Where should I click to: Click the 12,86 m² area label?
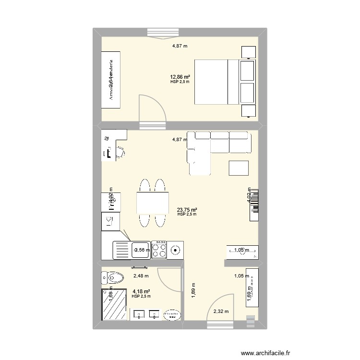(180, 77)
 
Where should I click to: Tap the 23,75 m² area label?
(187, 210)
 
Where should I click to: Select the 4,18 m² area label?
(141, 291)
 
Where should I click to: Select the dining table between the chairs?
(153, 202)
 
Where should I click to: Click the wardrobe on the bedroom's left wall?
(111, 82)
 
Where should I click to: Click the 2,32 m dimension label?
(221, 312)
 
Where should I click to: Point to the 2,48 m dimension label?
(141, 276)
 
